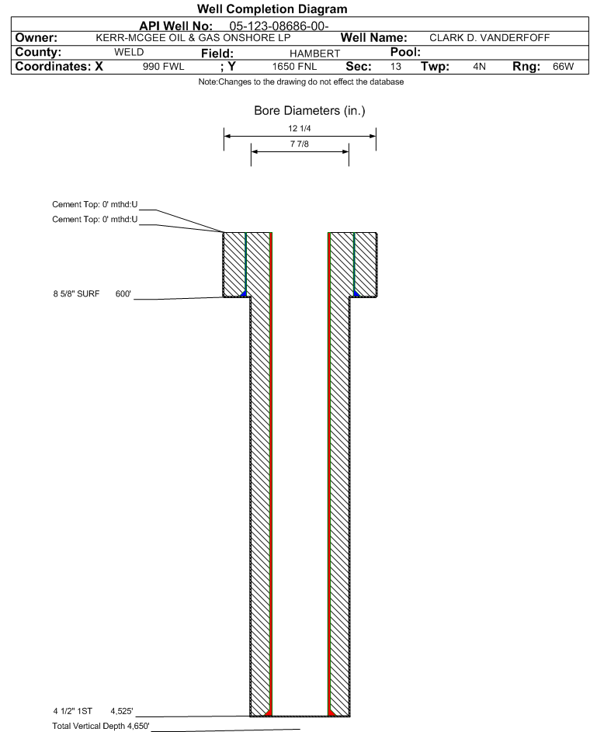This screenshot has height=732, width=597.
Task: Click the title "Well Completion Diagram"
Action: point(272,9)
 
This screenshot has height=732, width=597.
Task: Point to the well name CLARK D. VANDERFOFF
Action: point(489,38)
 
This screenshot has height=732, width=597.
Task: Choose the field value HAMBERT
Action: point(314,53)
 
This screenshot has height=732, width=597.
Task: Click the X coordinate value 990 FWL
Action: point(163,67)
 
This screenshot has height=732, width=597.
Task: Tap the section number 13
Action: point(395,67)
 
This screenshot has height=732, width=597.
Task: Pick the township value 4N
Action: point(479,67)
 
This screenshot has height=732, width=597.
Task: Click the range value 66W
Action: point(563,67)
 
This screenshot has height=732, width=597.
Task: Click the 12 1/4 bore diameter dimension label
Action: point(299,128)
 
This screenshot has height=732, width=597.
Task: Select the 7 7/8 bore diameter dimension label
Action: point(300,145)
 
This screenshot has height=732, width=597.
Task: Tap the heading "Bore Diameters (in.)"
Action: point(309,111)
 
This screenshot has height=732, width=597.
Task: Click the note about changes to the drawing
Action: point(301,82)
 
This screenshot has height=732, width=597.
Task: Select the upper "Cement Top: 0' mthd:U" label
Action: point(95,205)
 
